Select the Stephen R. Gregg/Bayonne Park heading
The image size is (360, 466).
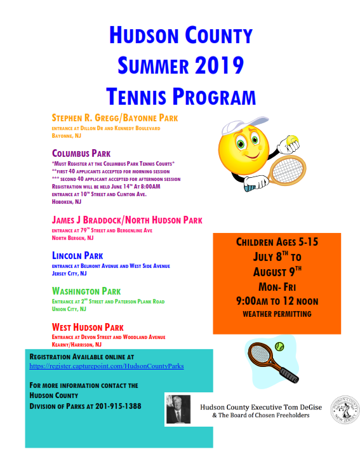(115, 118)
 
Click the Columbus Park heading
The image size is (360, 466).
(81, 153)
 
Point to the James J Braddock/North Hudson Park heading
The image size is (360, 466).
(127, 220)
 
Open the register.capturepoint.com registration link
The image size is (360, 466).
(107, 366)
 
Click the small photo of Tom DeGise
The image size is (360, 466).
(178, 409)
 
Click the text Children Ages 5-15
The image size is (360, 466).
(277, 242)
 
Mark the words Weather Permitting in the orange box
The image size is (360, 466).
(277, 314)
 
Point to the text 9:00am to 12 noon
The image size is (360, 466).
(277, 300)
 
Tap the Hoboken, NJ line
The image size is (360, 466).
(67, 202)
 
